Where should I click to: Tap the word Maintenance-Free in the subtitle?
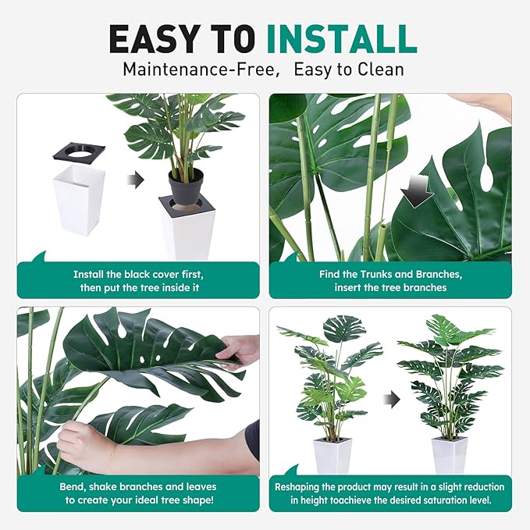pos(200,69)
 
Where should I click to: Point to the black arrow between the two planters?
pos(136,181)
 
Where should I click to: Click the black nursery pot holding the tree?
pos(186,187)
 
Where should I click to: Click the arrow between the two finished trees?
pos(391,400)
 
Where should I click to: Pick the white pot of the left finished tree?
pos(333,454)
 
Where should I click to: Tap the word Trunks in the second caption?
pos(376,275)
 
